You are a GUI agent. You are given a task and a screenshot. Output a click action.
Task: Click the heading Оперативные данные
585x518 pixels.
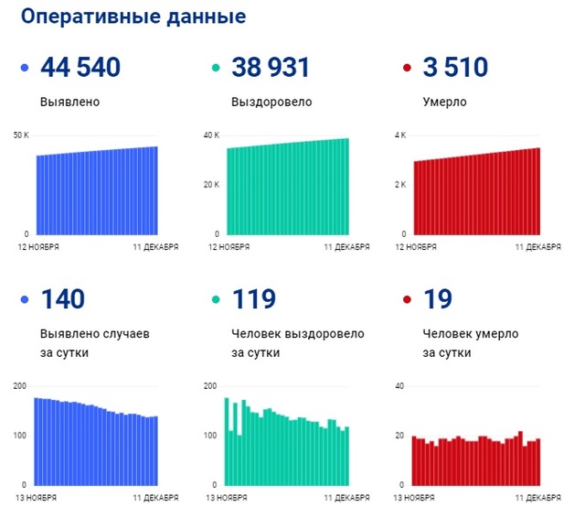[133, 18]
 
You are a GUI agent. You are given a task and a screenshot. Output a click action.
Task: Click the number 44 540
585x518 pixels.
[80, 68]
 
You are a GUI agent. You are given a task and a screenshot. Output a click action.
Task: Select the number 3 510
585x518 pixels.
[455, 68]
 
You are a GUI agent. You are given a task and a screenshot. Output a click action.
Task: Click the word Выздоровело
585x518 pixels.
[271, 102]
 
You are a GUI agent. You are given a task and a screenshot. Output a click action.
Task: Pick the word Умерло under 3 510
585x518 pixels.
[445, 102]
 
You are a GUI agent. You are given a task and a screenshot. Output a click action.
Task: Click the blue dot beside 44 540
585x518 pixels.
[24, 69]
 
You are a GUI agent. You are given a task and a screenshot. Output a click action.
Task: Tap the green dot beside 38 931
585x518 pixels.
[216, 69]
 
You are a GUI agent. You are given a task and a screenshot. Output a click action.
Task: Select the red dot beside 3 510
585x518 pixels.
[408, 69]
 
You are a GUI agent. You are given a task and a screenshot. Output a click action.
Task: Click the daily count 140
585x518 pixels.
[62, 300]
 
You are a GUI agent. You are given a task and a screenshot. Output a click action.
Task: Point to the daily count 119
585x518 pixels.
[253, 300]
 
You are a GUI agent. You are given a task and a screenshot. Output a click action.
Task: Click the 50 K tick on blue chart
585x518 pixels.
[21, 136]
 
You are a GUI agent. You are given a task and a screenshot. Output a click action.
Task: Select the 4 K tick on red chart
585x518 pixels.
[399, 136]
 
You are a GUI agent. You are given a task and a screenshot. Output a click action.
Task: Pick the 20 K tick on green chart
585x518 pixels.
[210, 185]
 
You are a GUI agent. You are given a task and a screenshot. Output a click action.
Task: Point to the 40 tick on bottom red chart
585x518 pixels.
[399, 386]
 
